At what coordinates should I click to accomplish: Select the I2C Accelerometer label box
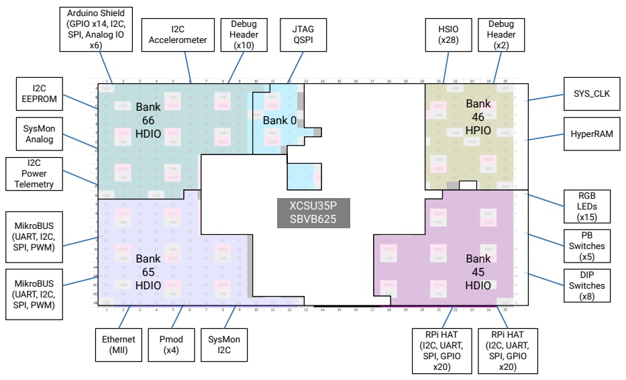(178, 34)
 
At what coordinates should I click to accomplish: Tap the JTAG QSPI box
(303, 34)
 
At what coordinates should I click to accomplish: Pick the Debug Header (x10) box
(239, 34)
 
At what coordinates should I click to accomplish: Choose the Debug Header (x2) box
(501, 34)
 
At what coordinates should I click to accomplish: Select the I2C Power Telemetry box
(34, 174)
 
